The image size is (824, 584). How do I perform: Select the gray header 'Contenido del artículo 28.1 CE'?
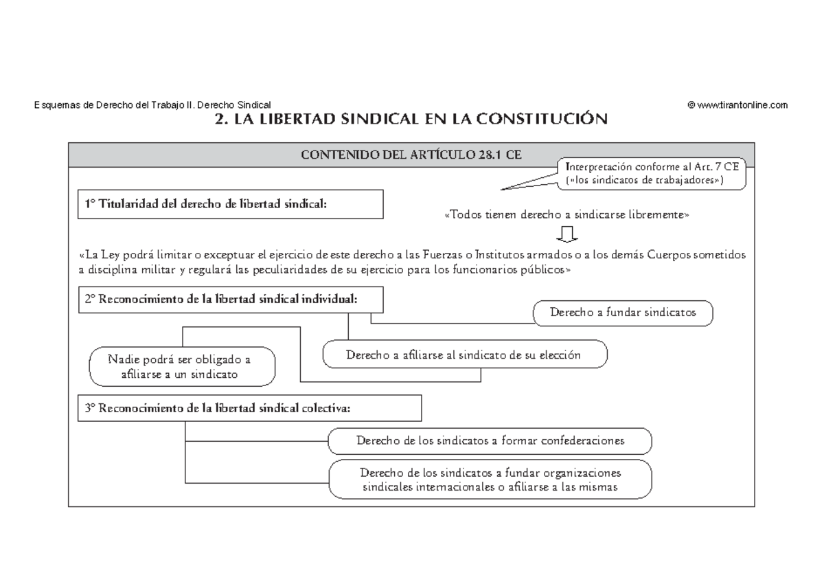tap(411, 154)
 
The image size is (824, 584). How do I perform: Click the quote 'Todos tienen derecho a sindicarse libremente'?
tap(566, 215)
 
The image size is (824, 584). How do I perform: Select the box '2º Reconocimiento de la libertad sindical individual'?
tap(230, 300)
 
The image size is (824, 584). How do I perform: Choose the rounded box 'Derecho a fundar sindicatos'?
tap(623, 313)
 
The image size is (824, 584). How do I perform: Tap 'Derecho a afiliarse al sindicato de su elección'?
tap(465, 355)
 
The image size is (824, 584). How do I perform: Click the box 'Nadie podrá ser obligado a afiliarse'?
tap(182, 367)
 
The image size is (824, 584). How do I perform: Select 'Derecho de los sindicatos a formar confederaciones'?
tap(490, 440)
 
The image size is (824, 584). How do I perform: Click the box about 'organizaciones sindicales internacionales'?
tap(490, 480)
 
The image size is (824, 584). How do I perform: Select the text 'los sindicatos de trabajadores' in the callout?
tap(643, 179)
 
